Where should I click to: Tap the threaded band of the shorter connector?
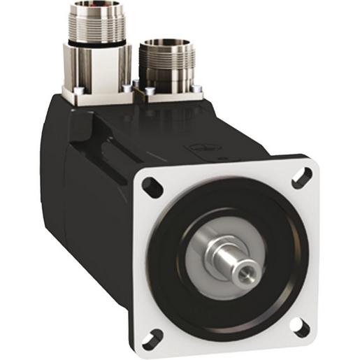click(x=165, y=63)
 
